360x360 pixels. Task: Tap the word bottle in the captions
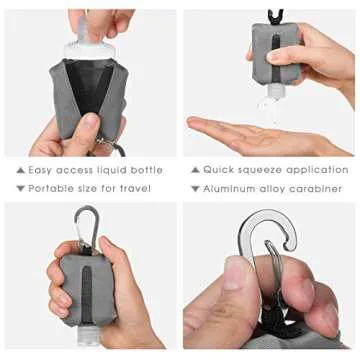(144, 171)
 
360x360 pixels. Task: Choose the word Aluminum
(231, 188)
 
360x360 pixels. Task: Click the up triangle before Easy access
(20, 171)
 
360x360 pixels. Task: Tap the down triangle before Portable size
(20, 188)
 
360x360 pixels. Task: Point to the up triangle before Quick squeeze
(196, 171)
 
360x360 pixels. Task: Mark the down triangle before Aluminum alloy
(196, 188)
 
